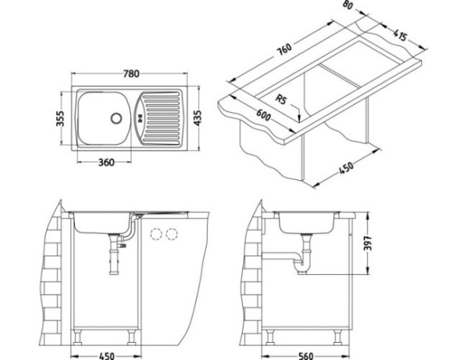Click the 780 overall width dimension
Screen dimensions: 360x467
[131, 74]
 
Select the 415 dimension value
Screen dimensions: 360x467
[403, 34]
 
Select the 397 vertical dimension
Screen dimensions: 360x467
[374, 246]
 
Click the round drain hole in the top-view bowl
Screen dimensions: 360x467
[116, 119]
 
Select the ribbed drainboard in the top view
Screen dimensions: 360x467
[164, 118]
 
